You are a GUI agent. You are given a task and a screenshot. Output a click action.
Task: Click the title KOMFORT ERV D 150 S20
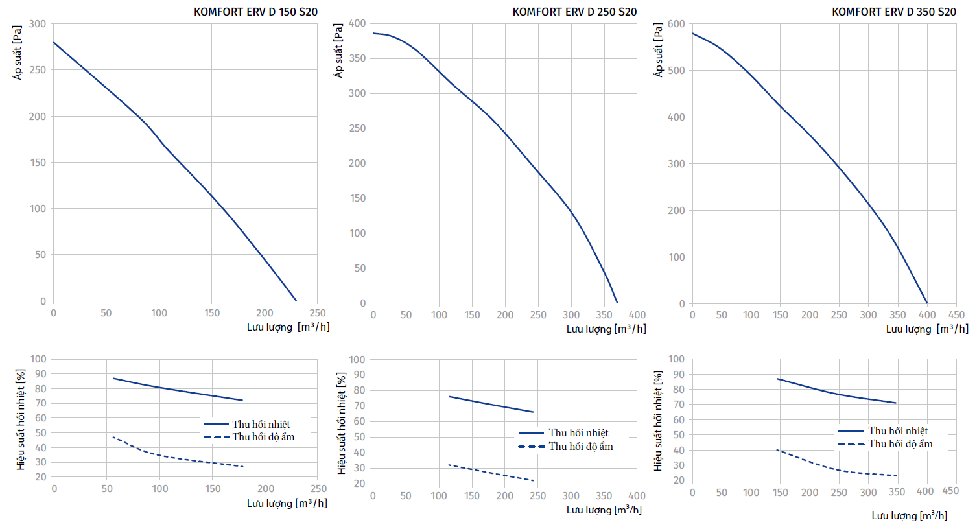click(x=255, y=12)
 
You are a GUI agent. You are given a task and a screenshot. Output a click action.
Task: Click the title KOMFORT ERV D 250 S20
click(x=574, y=12)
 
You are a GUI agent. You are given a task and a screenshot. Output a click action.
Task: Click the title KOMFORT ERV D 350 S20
click(x=893, y=12)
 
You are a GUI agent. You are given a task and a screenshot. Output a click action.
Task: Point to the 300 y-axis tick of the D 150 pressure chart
click(x=38, y=24)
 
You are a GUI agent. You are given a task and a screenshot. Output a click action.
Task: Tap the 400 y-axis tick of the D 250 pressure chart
click(x=357, y=23)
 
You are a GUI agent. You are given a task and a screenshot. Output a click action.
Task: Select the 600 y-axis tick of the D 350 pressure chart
click(x=676, y=24)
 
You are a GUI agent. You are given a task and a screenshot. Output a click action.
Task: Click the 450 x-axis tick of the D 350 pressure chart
click(x=956, y=315)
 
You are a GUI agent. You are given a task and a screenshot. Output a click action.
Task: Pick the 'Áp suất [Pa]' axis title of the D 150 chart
click(x=18, y=53)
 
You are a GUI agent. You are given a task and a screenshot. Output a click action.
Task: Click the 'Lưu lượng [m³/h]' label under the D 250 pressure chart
click(x=606, y=329)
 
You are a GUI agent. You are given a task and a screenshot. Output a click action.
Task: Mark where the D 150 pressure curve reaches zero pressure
click(x=296, y=301)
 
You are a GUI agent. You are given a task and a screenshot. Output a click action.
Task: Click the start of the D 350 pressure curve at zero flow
click(x=692, y=33)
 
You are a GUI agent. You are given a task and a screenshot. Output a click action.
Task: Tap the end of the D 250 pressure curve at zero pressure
click(x=617, y=303)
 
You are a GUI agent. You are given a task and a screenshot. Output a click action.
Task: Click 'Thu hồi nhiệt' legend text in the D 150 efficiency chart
click(x=261, y=425)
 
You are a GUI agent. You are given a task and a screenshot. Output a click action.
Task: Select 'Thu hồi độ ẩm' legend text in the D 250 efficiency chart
click(x=580, y=447)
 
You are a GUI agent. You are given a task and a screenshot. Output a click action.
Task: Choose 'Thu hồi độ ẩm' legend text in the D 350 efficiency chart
click(x=900, y=444)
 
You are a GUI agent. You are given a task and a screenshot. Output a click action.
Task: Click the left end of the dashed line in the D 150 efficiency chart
click(x=113, y=437)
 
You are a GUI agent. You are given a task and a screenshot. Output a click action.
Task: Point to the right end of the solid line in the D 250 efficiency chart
click(x=533, y=412)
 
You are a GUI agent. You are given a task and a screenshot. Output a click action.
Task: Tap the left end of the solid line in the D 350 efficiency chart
click(x=777, y=379)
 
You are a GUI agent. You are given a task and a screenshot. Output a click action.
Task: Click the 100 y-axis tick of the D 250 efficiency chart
click(x=357, y=360)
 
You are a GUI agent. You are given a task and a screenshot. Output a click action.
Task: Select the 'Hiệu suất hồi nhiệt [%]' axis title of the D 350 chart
click(x=659, y=421)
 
